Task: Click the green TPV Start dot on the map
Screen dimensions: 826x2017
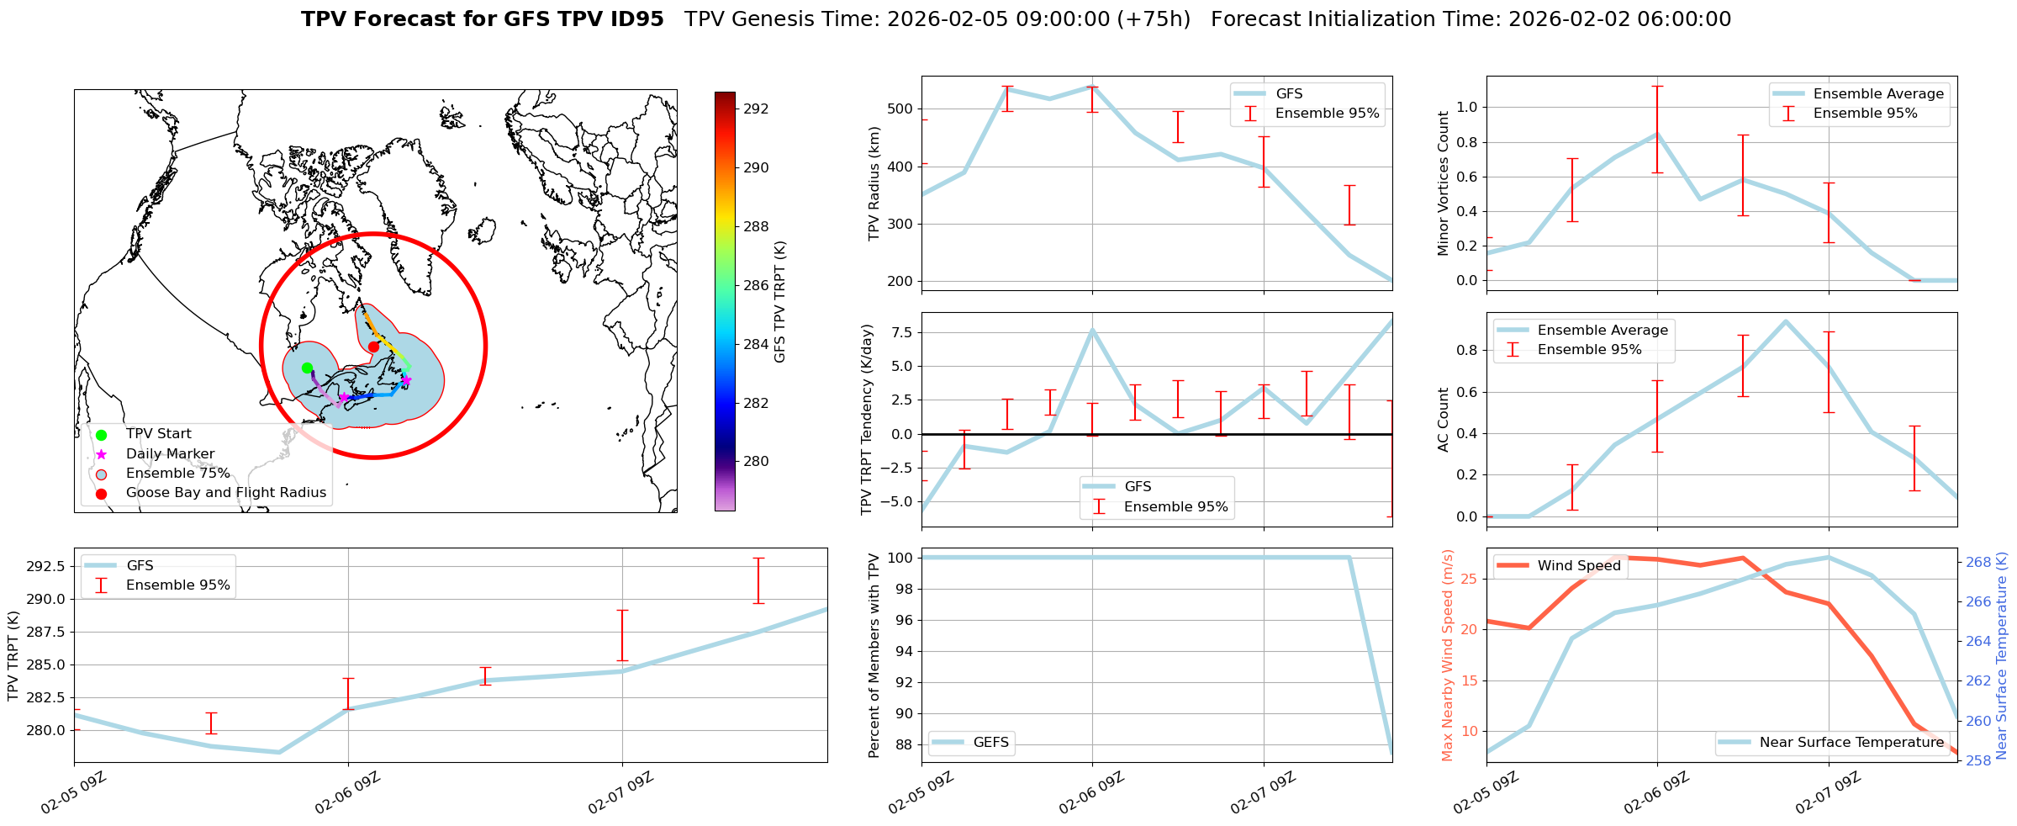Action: coord(307,368)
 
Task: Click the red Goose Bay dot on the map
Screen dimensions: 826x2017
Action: coord(373,347)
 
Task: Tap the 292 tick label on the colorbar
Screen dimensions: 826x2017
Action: coord(756,109)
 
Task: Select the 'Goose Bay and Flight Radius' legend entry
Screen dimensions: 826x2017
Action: coord(225,493)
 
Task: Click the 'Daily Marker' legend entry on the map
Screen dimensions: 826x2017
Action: coord(170,453)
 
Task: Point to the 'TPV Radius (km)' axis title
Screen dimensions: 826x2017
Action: coord(874,183)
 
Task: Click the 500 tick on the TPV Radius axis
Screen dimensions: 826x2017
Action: coord(900,109)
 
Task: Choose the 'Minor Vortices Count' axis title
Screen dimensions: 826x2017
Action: coord(1443,183)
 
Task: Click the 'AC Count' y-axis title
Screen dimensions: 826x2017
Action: coord(1443,420)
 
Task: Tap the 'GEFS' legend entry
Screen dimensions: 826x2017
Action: coord(990,742)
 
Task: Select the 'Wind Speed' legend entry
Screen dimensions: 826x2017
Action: coord(1578,565)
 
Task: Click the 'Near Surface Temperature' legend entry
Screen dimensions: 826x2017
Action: coord(1851,742)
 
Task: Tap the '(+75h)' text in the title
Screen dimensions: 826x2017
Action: coord(1154,19)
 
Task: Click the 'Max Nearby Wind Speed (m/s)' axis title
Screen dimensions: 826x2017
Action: coord(1447,655)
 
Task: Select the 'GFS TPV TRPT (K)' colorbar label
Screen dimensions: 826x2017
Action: coord(780,302)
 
